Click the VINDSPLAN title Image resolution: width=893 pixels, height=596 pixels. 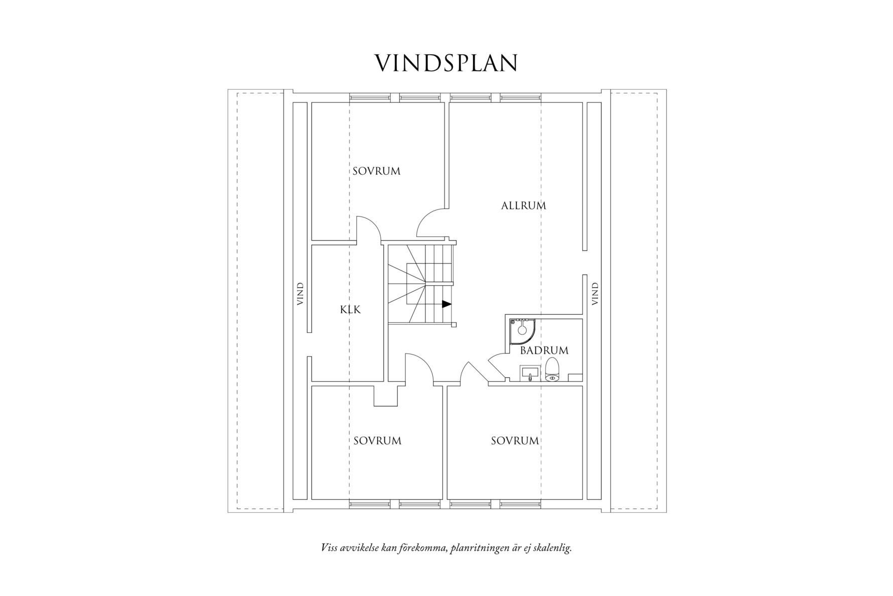(x=446, y=63)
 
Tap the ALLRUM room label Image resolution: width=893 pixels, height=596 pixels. (x=523, y=205)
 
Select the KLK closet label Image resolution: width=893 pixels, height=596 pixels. (x=350, y=310)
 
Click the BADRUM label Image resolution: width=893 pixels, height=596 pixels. (x=544, y=350)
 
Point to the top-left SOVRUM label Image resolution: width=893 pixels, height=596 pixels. (x=376, y=171)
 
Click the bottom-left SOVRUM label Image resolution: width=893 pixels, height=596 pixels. (x=377, y=441)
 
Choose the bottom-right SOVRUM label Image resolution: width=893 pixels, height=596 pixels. (x=515, y=441)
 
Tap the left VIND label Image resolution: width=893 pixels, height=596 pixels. (x=300, y=294)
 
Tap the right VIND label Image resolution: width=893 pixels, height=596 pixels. (x=595, y=294)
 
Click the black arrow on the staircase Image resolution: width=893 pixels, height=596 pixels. (x=446, y=304)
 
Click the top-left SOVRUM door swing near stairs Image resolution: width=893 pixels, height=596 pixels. (x=431, y=223)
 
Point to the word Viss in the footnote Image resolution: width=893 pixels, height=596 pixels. (x=329, y=548)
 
